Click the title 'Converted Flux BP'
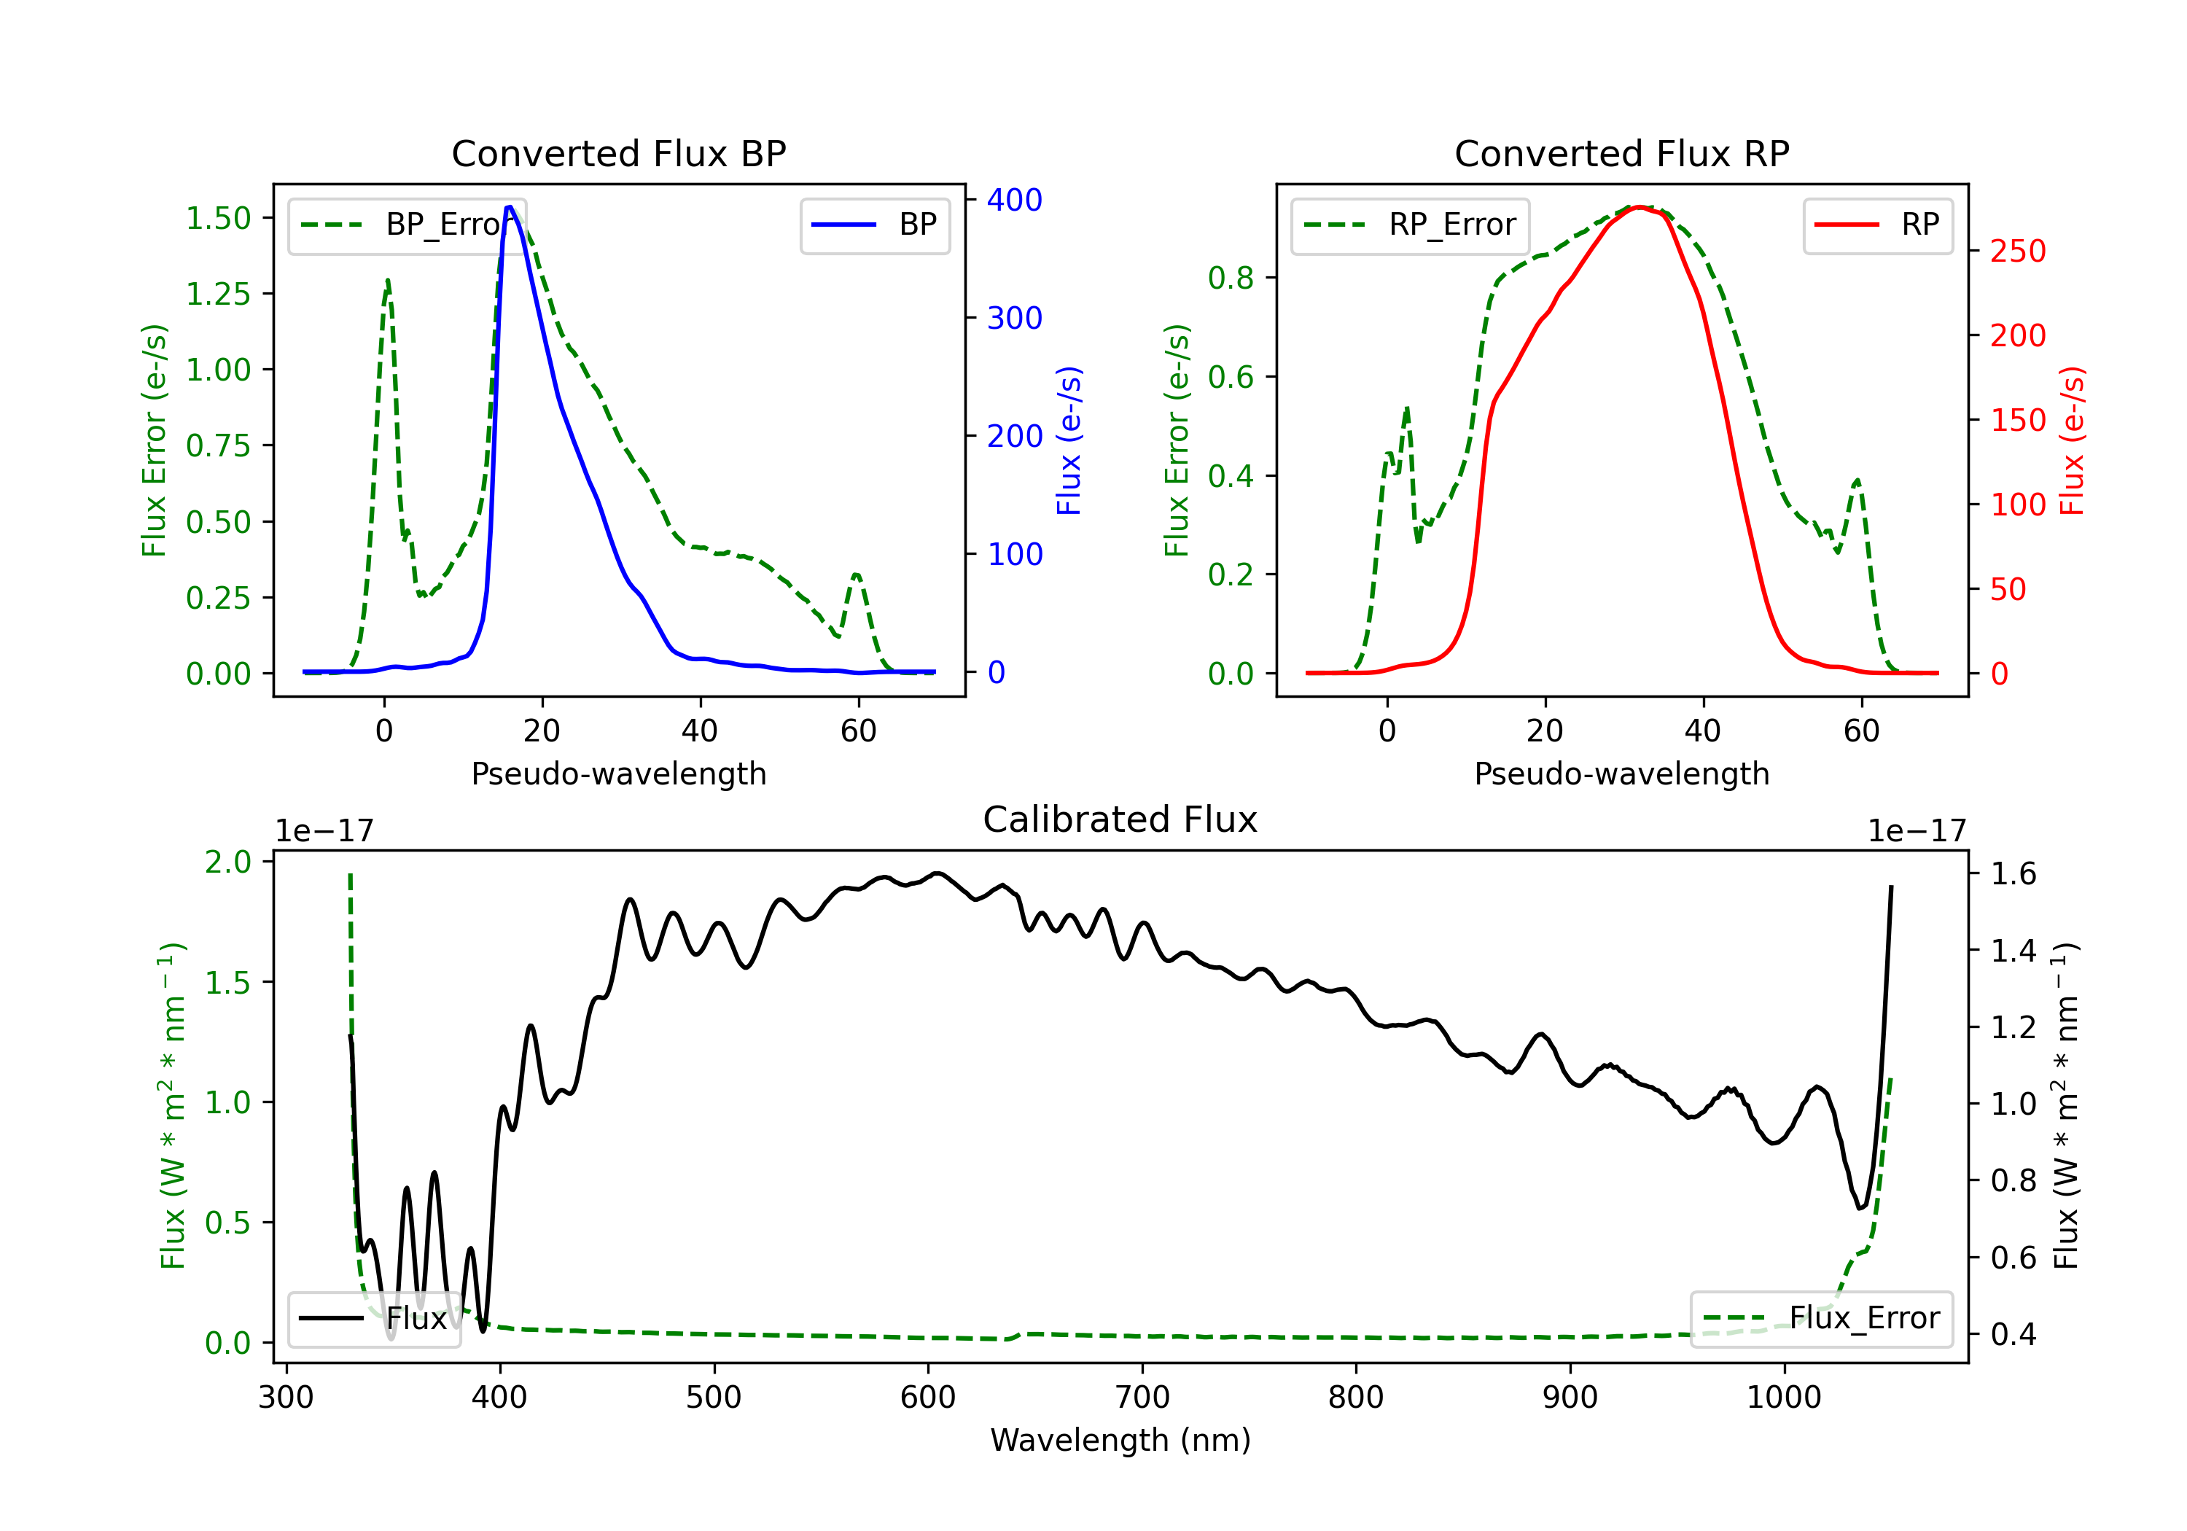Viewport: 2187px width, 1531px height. (x=618, y=153)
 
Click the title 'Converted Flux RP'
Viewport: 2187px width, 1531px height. (x=1621, y=153)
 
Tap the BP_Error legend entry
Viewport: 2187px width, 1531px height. (x=407, y=225)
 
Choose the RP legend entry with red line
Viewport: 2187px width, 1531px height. (x=1877, y=225)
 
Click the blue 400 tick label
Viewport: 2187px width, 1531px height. (x=1015, y=200)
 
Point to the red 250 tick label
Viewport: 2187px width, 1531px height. (x=2017, y=252)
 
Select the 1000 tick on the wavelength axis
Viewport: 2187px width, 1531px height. (x=1783, y=1397)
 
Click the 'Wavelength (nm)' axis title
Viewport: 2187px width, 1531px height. (x=1120, y=1440)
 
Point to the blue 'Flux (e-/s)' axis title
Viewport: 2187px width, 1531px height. (x=1069, y=441)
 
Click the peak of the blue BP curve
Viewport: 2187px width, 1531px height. (x=510, y=207)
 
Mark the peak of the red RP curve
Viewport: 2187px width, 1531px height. (x=1638, y=208)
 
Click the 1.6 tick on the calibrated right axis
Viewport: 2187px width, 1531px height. (x=2013, y=873)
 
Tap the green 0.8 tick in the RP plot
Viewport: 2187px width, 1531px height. (x=1231, y=278)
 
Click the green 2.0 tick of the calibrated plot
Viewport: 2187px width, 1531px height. (x=227, y=862)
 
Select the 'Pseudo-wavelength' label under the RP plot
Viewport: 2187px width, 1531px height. (x=1621, y=774)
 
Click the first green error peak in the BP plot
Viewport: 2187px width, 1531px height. (x=388, y=280)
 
